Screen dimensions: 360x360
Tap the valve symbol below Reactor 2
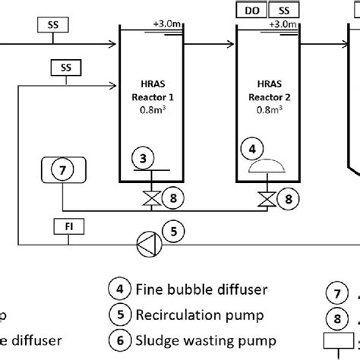click(265, 200)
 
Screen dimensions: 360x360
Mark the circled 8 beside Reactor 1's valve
click(173, 200)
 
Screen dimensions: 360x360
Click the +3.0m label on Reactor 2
click(283, 25)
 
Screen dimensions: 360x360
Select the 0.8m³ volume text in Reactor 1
click(148, 108)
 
